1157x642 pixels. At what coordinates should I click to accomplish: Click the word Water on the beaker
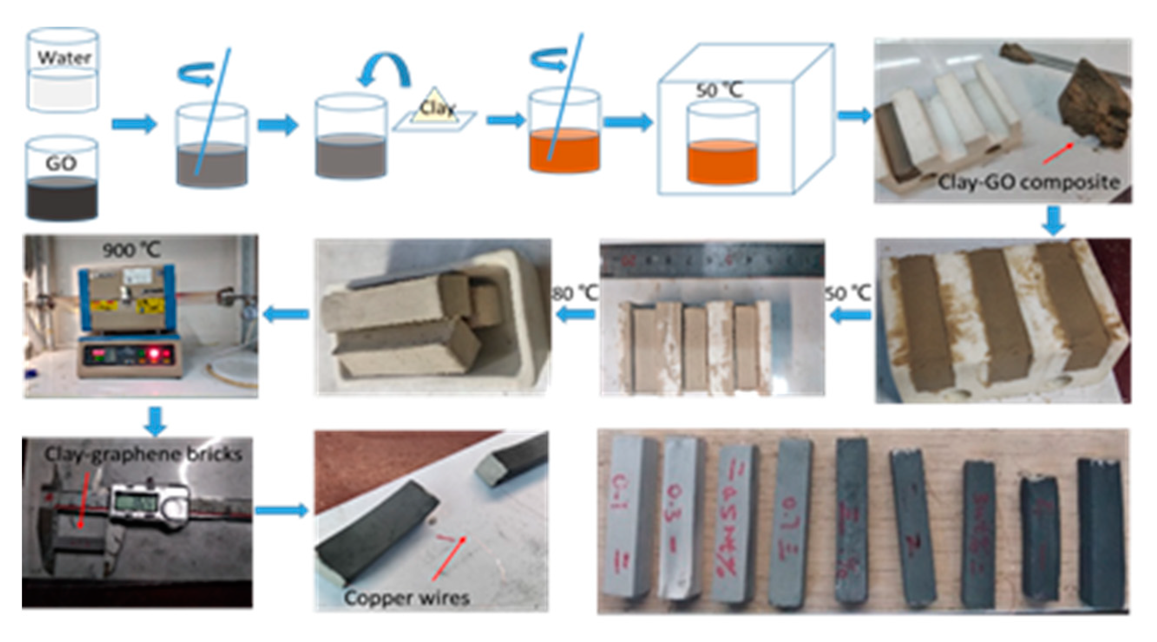tap(64, 57)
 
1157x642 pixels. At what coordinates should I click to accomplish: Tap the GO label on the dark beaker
tap(61, 164)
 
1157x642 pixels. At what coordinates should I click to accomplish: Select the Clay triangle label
tap(436, 108)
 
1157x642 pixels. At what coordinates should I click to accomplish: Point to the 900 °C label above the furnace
tap(131, 250)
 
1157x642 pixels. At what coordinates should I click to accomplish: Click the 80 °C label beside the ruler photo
tap(575, 294)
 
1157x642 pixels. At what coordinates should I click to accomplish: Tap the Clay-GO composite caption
tap(1028, 183)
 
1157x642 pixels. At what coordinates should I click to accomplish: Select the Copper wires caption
tap(406, 598)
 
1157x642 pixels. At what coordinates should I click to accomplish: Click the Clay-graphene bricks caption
tap(143, 454)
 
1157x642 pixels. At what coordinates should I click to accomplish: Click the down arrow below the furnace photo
tap(155, 421)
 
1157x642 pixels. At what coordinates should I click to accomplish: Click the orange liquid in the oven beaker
tap(722, 162)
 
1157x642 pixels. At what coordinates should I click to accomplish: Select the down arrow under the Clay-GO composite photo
tap(1053, 220)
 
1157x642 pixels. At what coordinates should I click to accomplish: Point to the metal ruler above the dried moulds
tap(712, 259)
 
